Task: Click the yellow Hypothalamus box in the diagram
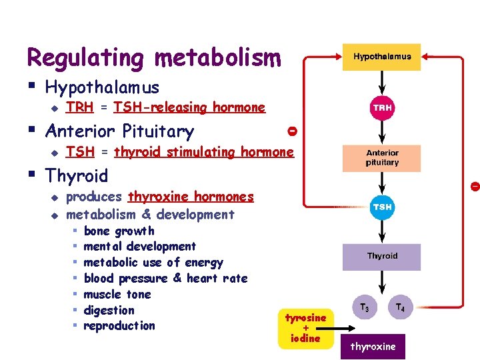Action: [x=382, y=57]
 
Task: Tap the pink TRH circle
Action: [x=383, y=107]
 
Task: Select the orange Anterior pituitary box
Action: [x=382, y=158]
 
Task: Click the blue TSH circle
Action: [x=383, y=207]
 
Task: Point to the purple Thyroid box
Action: [x=382, y=257]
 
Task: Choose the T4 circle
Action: [x=400, y=307]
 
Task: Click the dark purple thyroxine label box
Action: [x=373, y=347]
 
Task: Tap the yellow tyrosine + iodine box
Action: [x=305, y=328]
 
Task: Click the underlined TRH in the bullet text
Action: [x=80, y=107]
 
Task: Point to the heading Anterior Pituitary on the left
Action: [x=119, y=131]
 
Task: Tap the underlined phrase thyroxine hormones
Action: [x=191, y=197]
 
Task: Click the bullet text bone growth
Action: [x=119, y=231]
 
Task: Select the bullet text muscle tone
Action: [x=117, y=294]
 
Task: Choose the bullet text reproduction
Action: [x=119, y=326]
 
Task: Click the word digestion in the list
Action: [x=109, y=310]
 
